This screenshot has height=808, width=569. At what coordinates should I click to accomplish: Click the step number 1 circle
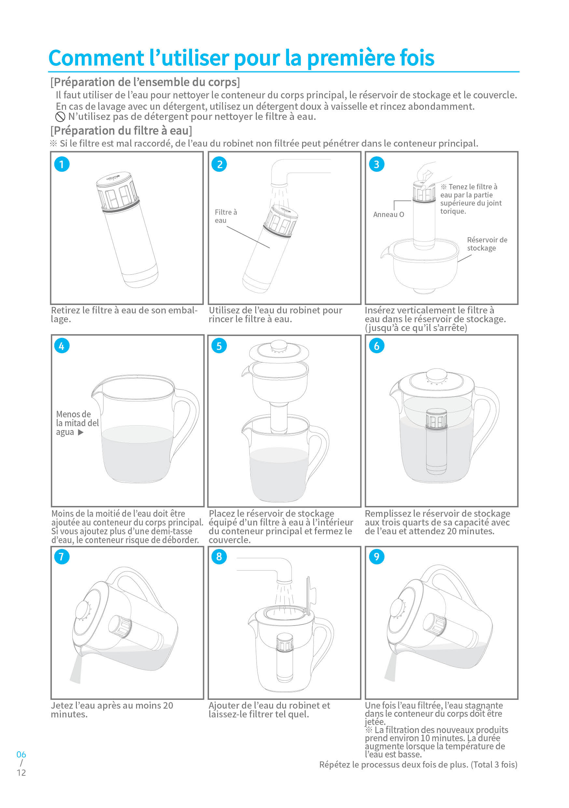click(62, 164)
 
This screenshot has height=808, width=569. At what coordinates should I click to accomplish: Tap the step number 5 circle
click(219, 346)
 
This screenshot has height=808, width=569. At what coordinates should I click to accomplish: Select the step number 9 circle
click(377, 557)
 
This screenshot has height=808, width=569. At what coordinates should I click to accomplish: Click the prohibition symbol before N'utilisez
click(61, 117)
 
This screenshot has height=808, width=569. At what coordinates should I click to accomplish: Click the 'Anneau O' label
click(388, 215)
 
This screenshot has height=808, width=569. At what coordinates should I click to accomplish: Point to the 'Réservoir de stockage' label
click(487, 244)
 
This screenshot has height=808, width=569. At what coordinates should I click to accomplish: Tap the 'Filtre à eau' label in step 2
click(226, 216)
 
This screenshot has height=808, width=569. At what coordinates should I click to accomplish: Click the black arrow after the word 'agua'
click(81, 432)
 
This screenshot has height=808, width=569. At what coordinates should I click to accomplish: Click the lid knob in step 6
click(437, 374)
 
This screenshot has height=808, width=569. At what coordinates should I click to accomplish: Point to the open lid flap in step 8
click(308, 595)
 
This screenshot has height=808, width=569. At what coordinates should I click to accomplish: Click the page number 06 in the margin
click(21, 755)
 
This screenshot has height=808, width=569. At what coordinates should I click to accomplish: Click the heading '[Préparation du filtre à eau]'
click(121, 131)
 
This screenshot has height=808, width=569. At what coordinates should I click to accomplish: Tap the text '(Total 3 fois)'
click(494, 764)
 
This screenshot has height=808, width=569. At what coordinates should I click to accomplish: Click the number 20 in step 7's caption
click(168, 706)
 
